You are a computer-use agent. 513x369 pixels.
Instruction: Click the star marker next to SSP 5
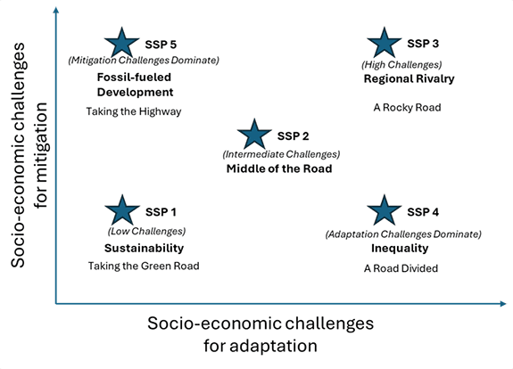[121, 43]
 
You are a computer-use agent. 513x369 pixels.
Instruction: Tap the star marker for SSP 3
[385, 43]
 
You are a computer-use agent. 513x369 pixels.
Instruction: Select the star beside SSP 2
[254, 135]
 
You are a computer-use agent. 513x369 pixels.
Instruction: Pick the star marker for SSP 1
[122, 210]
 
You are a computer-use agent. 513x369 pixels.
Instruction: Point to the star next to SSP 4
[385, 210]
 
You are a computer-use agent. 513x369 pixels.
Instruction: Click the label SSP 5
[161, 45]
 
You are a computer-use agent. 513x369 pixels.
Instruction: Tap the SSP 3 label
[423, 44]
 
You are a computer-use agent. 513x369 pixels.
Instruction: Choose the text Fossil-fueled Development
[135, 85]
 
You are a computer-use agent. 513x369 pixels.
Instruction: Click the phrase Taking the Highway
[134, 111]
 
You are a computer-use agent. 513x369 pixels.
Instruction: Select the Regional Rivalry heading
[409, 78]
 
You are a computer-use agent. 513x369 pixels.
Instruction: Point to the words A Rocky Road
[408, 108]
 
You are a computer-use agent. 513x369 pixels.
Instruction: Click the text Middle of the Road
[279, 168]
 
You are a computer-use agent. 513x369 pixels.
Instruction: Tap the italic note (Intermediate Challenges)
[281, 154]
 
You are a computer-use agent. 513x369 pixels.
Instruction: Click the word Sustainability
[144, 249]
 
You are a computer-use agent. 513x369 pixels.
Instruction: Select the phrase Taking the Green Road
[144, 266]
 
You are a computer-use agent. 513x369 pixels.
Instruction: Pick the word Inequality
[400, 249]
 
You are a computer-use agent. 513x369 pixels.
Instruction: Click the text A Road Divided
[401, 268]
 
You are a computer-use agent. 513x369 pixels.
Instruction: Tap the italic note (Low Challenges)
[146, 232]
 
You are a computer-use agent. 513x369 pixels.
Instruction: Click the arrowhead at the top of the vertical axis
[56, 10]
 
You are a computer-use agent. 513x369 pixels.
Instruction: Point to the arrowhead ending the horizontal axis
[503, 304]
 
